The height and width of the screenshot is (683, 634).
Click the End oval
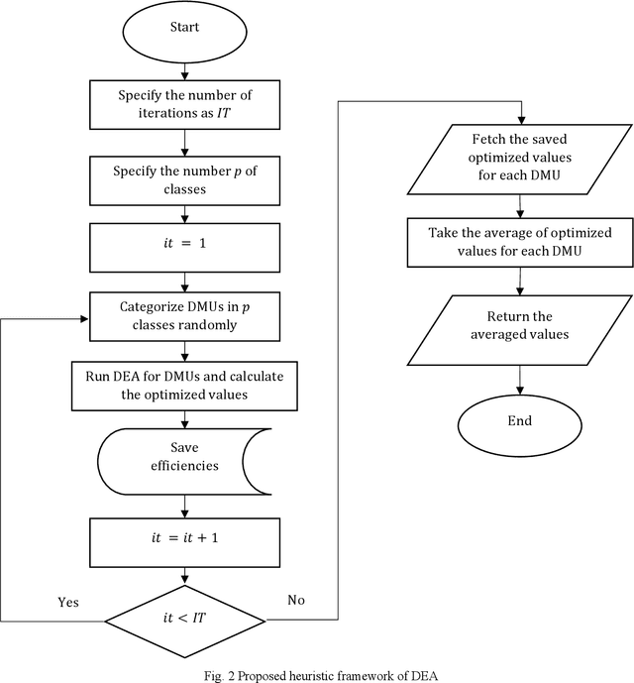519,420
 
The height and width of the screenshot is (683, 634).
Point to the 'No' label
296,600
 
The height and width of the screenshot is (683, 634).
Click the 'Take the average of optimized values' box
519,241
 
